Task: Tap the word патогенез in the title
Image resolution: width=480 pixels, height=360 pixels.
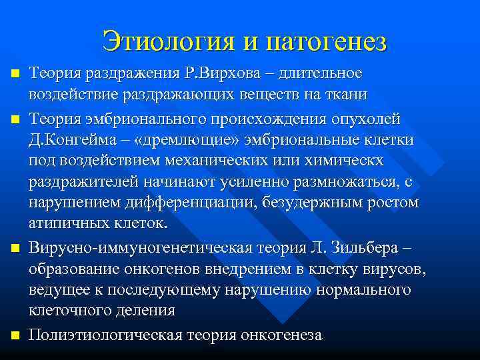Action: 326,41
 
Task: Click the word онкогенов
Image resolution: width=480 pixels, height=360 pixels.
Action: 171,270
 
